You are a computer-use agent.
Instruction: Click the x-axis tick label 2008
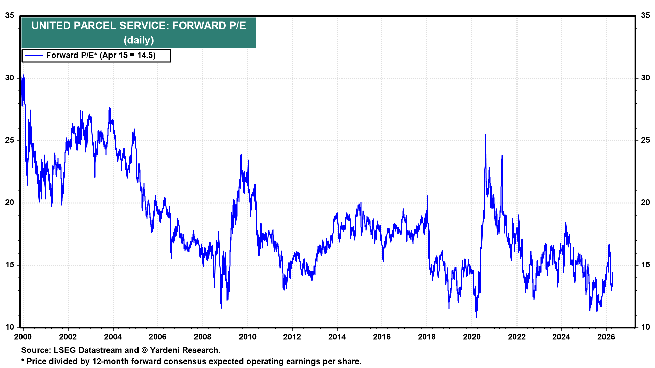pyautogui.click(x=203, y=337)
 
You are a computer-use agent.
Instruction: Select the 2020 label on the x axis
pyautogui.click(x=471, y=337)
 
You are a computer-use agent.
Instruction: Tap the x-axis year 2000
pyautogui.click(x=23, y=337)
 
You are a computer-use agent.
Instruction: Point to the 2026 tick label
pyautogui.click(x=606, y=337)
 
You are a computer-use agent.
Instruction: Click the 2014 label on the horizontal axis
pyautogui.click(x=337, y=337)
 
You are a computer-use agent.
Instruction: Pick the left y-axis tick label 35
pyautogui.click(x=10, y=16)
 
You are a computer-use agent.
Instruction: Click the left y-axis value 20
pyautogui.click(x=10, y=203)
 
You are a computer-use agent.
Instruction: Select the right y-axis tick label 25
pyautogui.click(x=645, y=140)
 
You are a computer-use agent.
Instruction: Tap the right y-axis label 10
pyautogui.click(x=645, y=327)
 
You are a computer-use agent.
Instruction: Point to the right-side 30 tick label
pyautogui.click(x=645, y=78)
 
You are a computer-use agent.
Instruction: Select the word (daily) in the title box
pyautogui.click(x=139, y=40)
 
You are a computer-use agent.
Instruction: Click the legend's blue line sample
pyautogui.click(x=34, y=56)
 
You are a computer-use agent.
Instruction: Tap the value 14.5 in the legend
pyautogui.click(x=146, y=56)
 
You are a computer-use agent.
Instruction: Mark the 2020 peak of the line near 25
pyautogui.click(x=485, y=135)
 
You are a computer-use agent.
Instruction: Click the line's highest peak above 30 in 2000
pyautogui.click(x=23, y=75)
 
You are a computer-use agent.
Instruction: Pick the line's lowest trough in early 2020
pyautogui.click(x=476, y=317)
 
